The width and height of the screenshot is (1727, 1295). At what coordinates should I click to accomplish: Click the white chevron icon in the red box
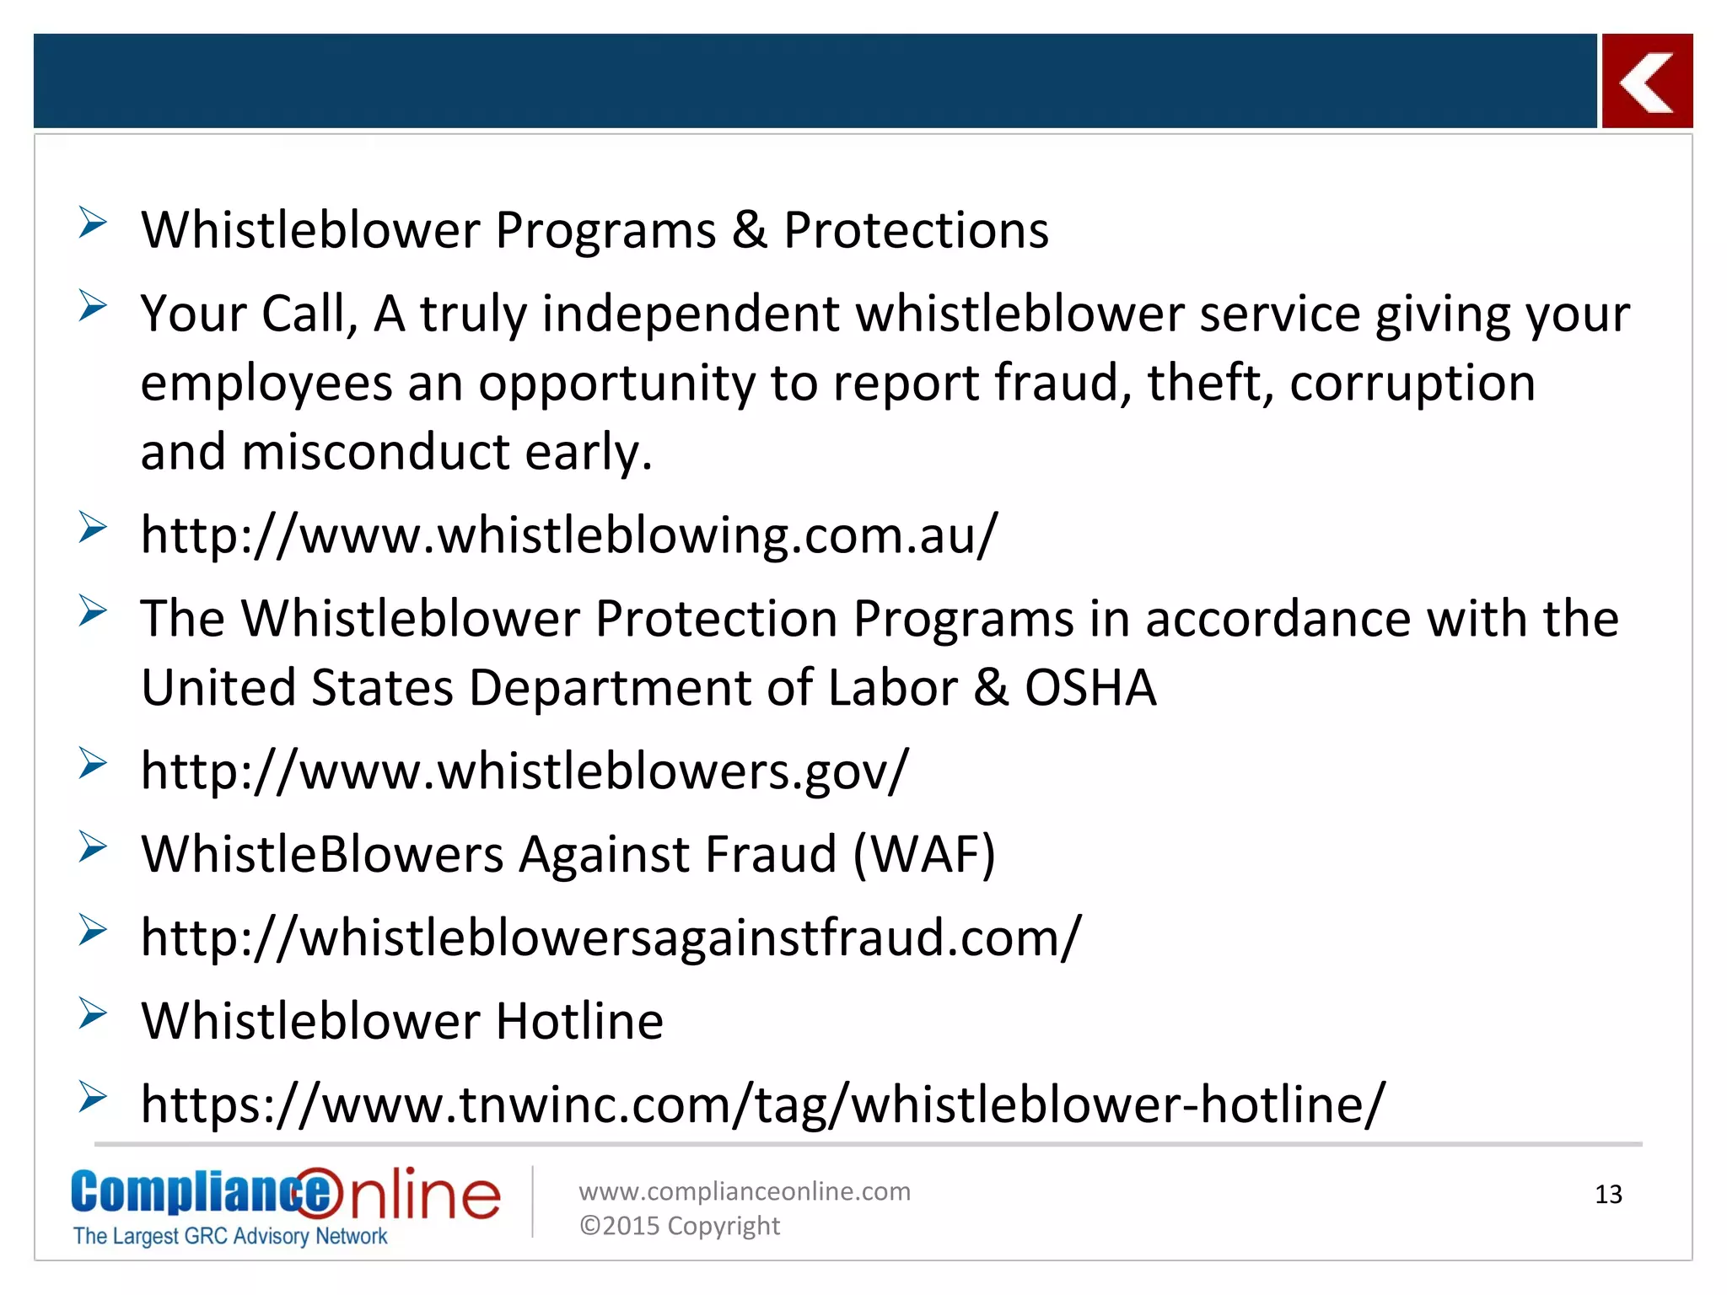coord(1646,82)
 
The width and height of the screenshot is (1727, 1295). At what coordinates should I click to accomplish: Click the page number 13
coord(1608,1194)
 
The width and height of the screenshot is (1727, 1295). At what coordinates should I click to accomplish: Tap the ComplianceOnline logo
coord(285,1195)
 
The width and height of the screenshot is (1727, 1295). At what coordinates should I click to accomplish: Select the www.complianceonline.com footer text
coord(744,1191)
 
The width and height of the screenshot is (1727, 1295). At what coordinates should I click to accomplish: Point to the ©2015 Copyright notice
coord(679,1226)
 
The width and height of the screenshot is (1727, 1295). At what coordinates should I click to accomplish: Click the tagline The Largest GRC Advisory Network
coord(230,1236)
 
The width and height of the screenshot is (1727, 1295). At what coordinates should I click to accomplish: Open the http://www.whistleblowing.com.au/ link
coord(569,535)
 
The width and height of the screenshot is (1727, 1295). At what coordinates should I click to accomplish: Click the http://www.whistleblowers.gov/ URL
coord(525,770)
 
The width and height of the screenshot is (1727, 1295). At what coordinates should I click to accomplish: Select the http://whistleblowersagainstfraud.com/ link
coord(611,937)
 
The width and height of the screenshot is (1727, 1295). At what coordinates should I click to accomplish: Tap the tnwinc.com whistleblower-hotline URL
coord(762,1104)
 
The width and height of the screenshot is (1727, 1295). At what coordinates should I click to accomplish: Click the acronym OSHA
coord(1089,687)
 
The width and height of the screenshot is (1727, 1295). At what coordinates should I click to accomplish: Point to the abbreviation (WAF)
coord(924,854)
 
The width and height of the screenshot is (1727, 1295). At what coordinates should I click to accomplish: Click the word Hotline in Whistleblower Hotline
coord(579,1021)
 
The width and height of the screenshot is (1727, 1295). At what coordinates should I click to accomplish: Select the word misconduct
coord(375,452)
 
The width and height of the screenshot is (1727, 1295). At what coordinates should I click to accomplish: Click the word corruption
coord(1412,383)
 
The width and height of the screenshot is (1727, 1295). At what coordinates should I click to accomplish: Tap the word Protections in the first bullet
coord(916,230)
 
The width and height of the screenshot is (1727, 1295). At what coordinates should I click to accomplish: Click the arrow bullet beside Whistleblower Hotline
coord(92,1013)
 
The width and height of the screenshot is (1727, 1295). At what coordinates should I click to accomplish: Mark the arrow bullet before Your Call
coord(92,306)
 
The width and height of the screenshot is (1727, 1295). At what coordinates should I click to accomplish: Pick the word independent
coord(691,314)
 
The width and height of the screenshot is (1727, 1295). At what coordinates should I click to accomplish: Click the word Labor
coord(892,687)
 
